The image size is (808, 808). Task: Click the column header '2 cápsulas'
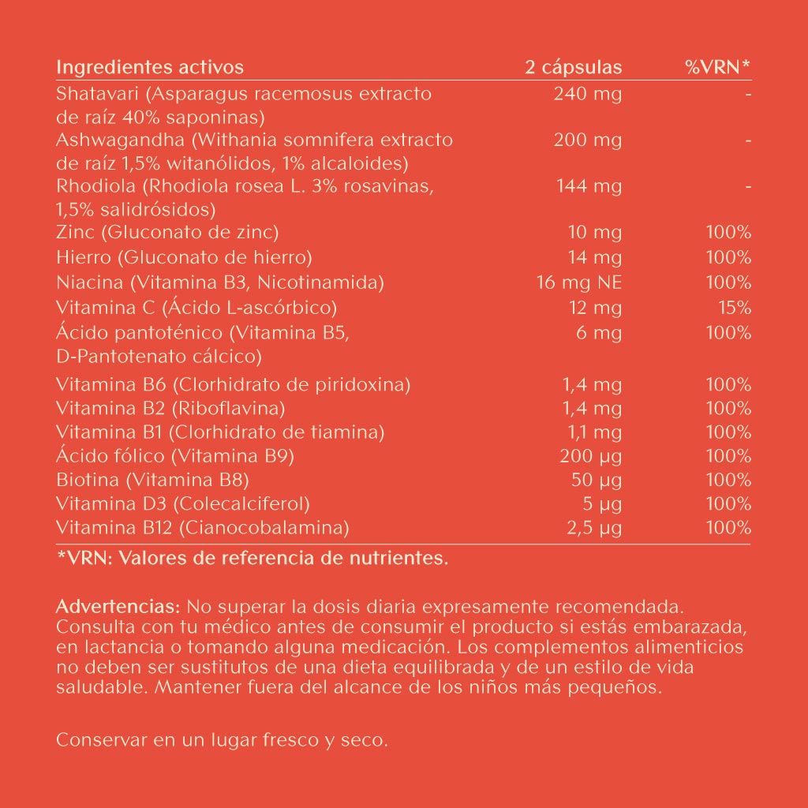coord(573,68)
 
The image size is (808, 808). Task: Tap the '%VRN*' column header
coord(717,68)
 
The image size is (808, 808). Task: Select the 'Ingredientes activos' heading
coord(150,68)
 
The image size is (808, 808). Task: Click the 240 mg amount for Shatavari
coord(588,95)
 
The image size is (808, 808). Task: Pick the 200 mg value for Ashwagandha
coord(588,140)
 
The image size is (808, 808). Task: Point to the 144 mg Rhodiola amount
coord(589,186)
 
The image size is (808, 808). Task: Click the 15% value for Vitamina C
coord(735,308)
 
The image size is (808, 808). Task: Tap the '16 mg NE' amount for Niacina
coord(579,282)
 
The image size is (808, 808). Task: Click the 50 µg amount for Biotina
coord(596,480)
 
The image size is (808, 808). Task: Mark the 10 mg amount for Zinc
coord(595,233)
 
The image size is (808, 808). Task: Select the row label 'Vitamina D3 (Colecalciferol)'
coord(183,503)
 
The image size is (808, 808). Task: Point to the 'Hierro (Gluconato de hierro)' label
coord(185,257)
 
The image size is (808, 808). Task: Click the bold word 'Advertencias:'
coord(118,608)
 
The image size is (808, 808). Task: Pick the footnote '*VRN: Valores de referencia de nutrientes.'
coord(252,559)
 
